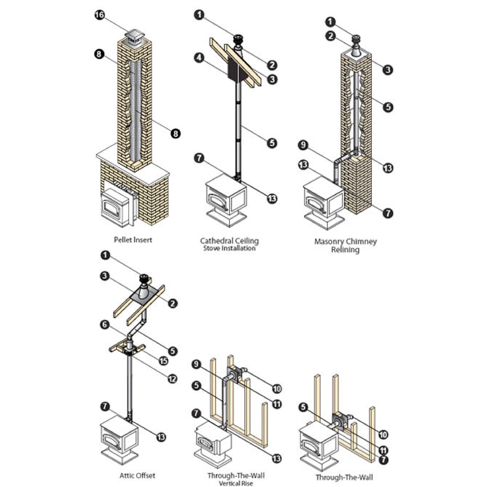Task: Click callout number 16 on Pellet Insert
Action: pyautogui.click(x=100, y=15)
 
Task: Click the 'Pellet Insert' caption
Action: pyautogui.click(x=133, y=240)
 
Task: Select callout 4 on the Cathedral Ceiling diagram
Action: pyautogui.click(x=199, y=58)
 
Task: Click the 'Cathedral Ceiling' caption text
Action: pyautogui.click(x=229, y=241)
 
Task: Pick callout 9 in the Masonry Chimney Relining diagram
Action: pyautogui.click(x=303, y=145)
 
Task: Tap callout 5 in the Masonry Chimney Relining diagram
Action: pyautogui.click(x=388, y=107)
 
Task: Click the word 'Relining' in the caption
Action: pyautogui.click(x=345, y=250)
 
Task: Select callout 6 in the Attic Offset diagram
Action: pyautogui.click(x=105, y=325)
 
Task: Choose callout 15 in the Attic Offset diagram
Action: pyautogui.click(x=163, y=361)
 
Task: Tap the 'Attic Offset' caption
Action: pyautogui.click(x=137, y=476)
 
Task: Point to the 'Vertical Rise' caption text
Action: pyautogui.click(x=235, y=483)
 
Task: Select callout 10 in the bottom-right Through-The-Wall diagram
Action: pyautogui.click(x=383, y=434)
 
